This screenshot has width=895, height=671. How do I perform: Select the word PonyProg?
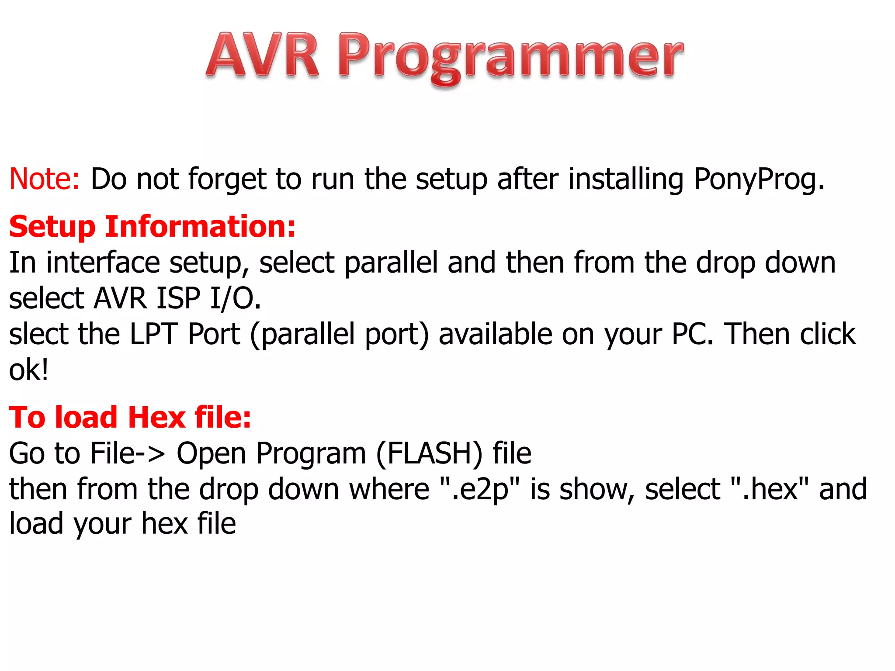[759, 179]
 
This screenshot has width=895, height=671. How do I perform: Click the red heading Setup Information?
[153, 227]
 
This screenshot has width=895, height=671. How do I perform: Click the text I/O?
[235, 299]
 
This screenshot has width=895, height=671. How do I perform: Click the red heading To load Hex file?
[130, 417]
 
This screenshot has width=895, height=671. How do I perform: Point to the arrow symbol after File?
[150, 453]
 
